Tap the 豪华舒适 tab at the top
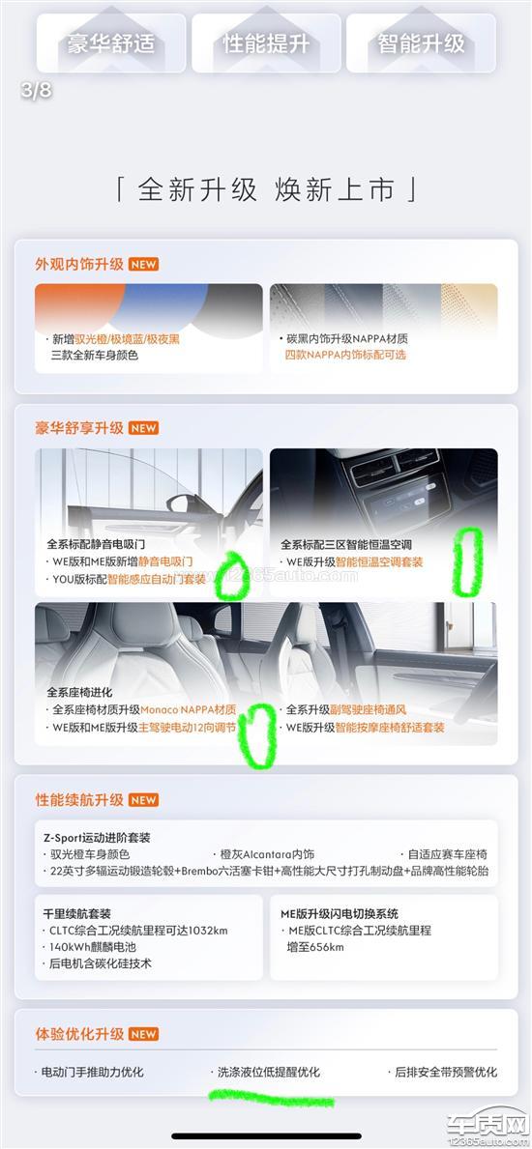click(111, 43)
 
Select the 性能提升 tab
click(266, 43)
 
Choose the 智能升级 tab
click(421, 43)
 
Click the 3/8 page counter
click(37, 90)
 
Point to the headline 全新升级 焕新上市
click(266, 189)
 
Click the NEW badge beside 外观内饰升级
click(144, 265)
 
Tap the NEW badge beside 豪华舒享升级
click(144, 428)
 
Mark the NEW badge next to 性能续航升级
click(144, 800)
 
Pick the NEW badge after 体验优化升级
click(144, 1034)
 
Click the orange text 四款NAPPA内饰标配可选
click(345, 355)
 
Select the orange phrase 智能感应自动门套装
click(157, 579)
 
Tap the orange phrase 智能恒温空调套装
click(380, 562)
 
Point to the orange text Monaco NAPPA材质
click(188, 709)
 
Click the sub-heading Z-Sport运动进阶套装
click(97, 838)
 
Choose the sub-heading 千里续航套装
click(77, 914)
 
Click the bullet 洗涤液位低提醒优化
click(269, 1072)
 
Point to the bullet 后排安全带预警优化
click(445, 1072)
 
